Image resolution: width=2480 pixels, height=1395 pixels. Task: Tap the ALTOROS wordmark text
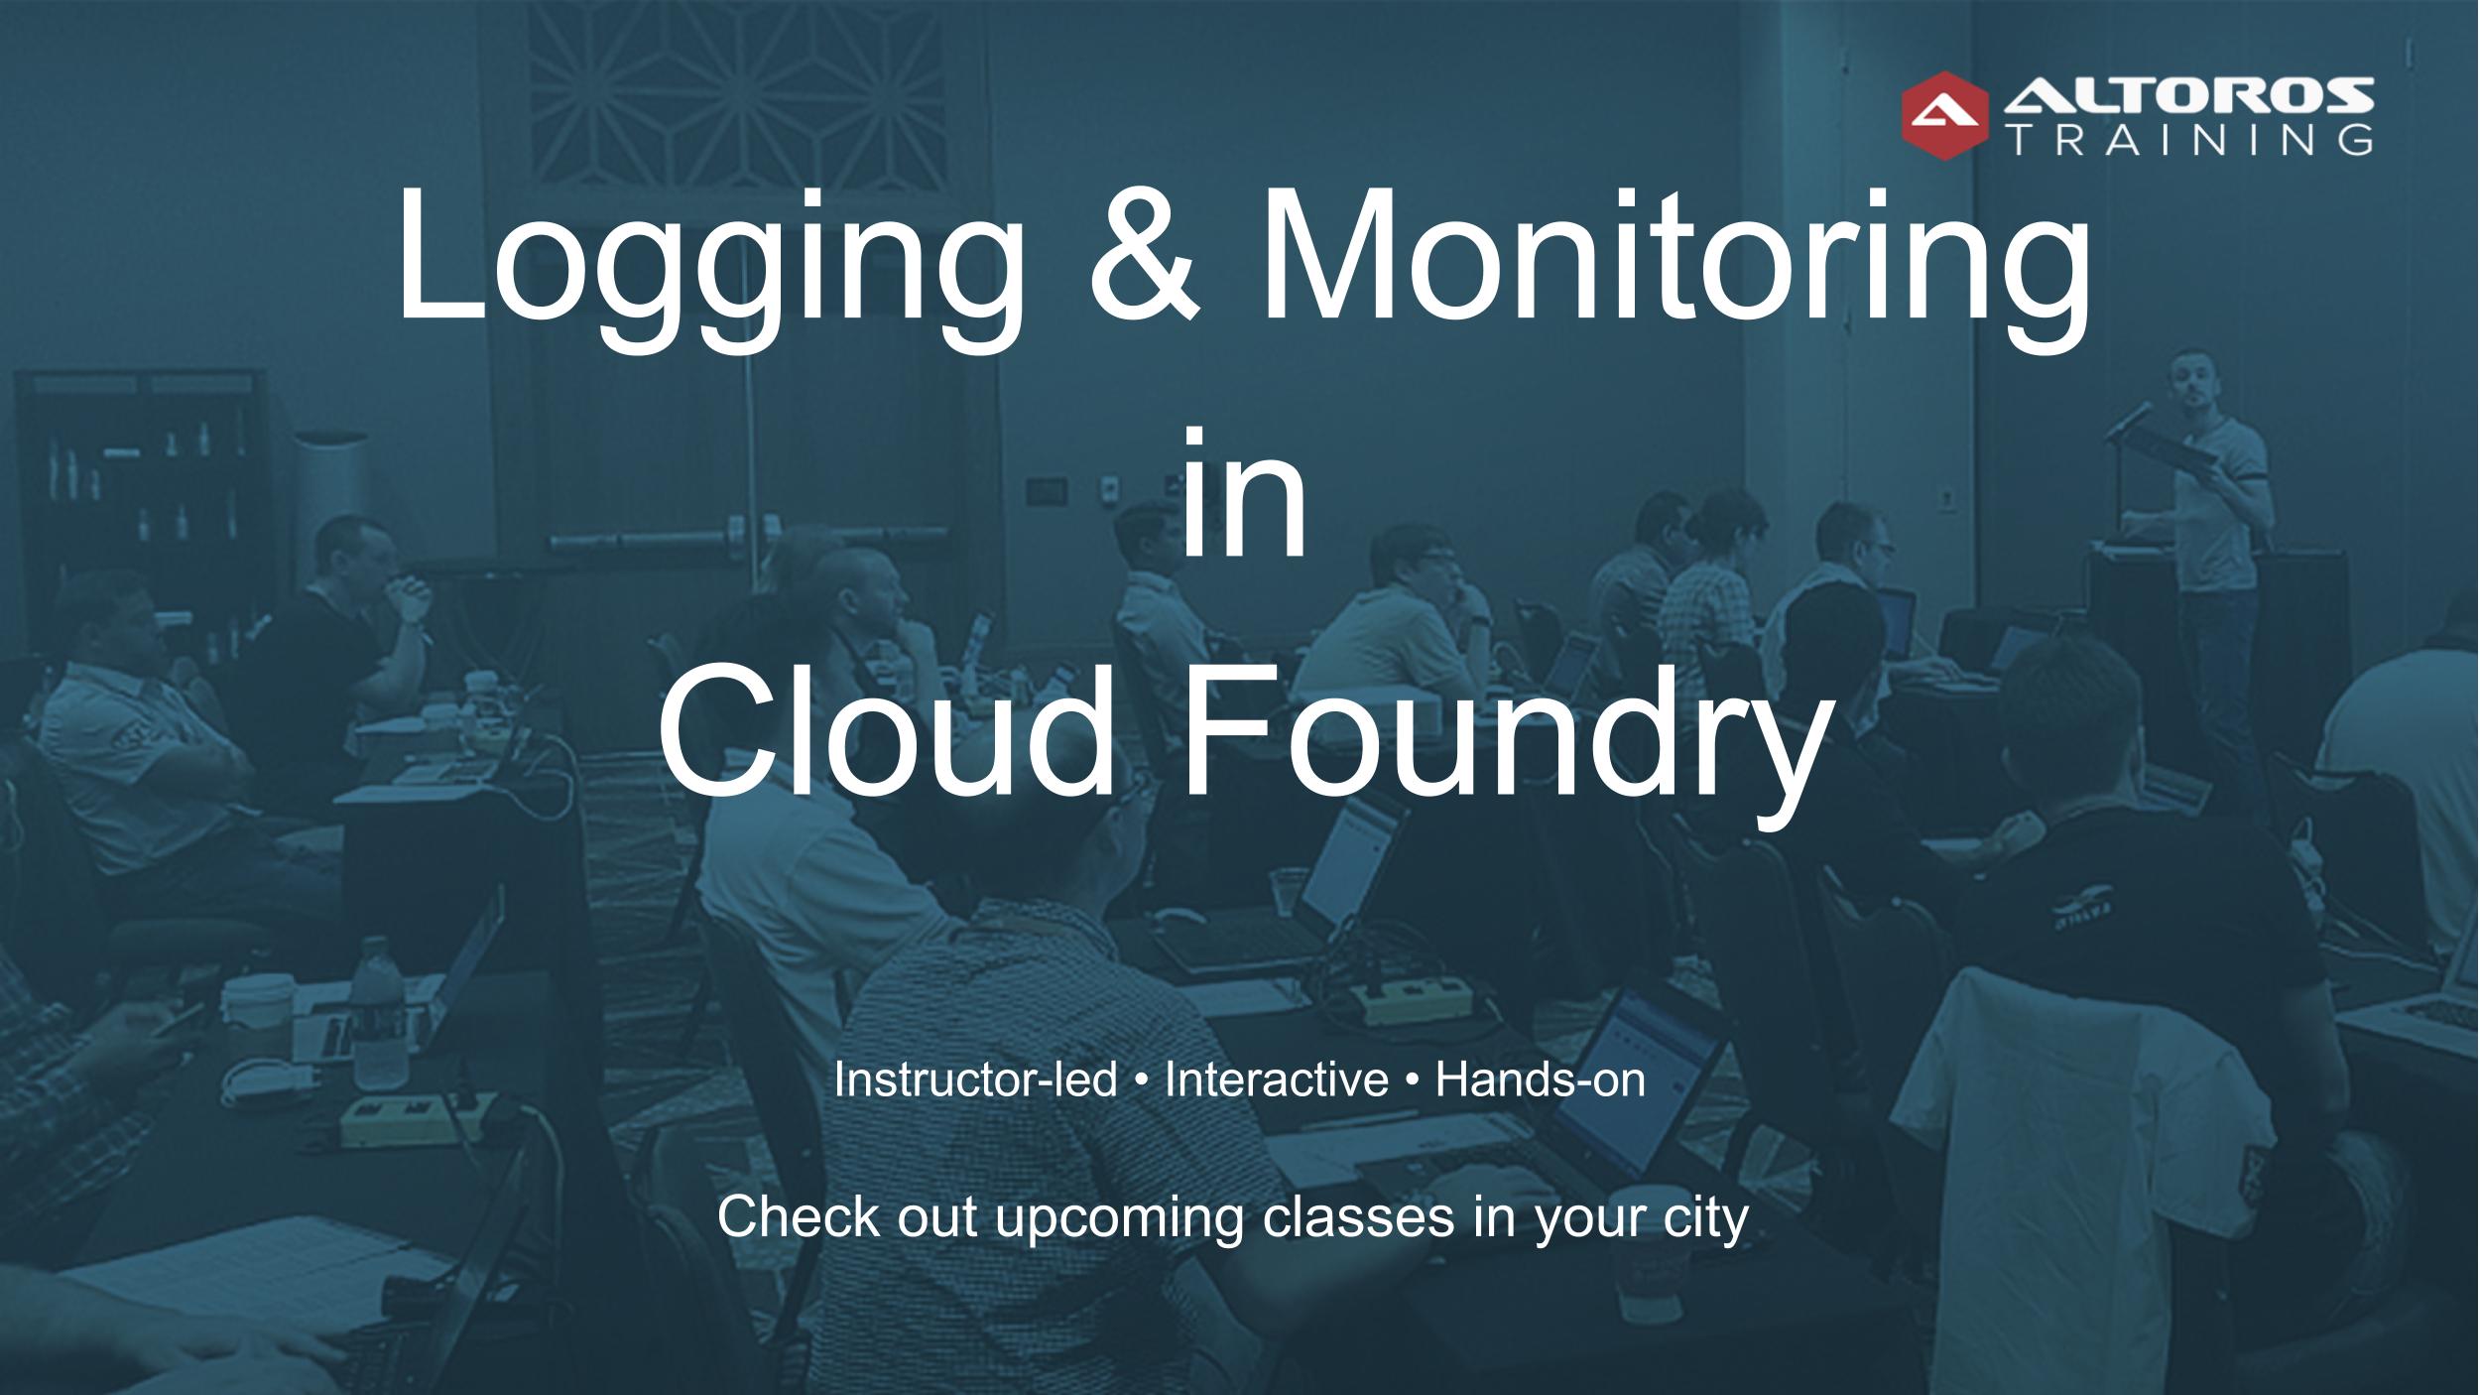2188,96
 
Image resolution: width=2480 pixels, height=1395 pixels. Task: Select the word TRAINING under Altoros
2188,140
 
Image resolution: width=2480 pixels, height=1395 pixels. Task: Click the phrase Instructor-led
976,1079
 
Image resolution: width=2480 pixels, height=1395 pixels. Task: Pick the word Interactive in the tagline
1277,1079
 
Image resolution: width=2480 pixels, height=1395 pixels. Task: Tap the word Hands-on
1541,1079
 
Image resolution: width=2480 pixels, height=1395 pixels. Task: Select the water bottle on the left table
380,1013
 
